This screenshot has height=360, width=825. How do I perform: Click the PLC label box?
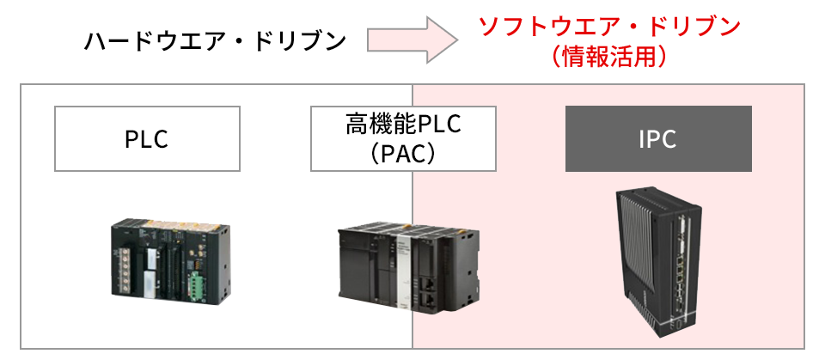pos(146,138)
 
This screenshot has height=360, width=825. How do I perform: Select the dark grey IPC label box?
pos(658,138)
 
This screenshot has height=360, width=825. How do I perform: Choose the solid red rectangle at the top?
pos(604,40)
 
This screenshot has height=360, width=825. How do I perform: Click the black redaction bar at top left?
pos(215,40)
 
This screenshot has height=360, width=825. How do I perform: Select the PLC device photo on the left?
pos(170,258)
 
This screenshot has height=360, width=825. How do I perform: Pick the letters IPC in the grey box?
pos(658,138)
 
